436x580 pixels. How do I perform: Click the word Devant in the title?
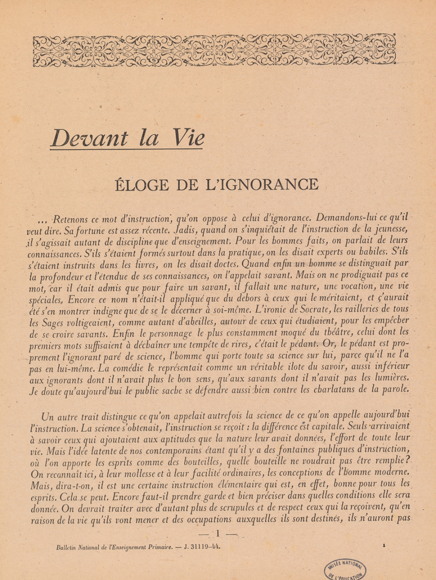coord(89,138)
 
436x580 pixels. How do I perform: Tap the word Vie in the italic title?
coord(187,138)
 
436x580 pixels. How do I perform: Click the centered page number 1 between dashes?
coord(218,533)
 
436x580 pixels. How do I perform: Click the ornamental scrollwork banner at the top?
coord(215,50)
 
